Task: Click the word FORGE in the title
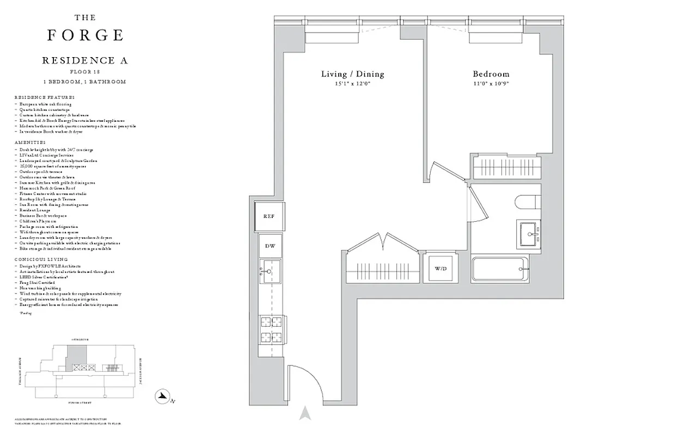(85, 35)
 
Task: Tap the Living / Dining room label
(352, 74)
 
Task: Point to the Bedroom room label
(491, 74)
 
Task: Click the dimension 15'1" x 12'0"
(352, 84)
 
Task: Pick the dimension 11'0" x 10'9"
(491, 84)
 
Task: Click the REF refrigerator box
(269, 216)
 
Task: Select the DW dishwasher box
(270, 246)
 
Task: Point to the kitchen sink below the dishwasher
(270, 270)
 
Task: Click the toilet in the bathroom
(527, 202)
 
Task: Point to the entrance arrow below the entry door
(305, 413)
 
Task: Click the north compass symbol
(162, 397)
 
